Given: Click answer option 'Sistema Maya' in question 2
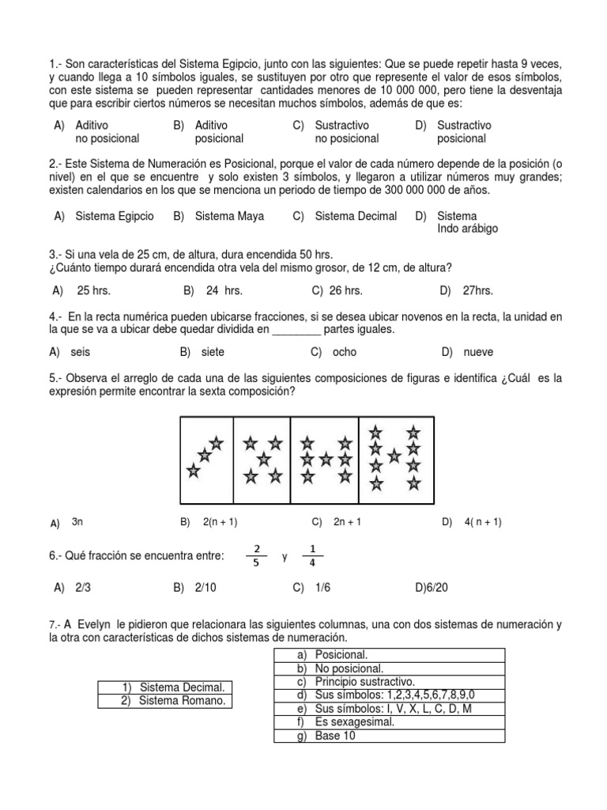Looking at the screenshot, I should [x=229, y=216].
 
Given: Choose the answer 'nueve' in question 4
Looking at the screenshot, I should [x=479, y=351].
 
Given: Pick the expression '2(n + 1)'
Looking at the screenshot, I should [x=220, y=521].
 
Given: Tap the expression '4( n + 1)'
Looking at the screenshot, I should [x=483, y=521].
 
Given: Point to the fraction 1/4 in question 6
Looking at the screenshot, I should [x=311, y=556].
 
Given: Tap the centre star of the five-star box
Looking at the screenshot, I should [x=263, y=460].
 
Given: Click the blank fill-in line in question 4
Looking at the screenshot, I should [x=296, y=330].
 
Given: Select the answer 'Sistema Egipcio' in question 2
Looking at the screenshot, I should [x=115, y=216].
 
